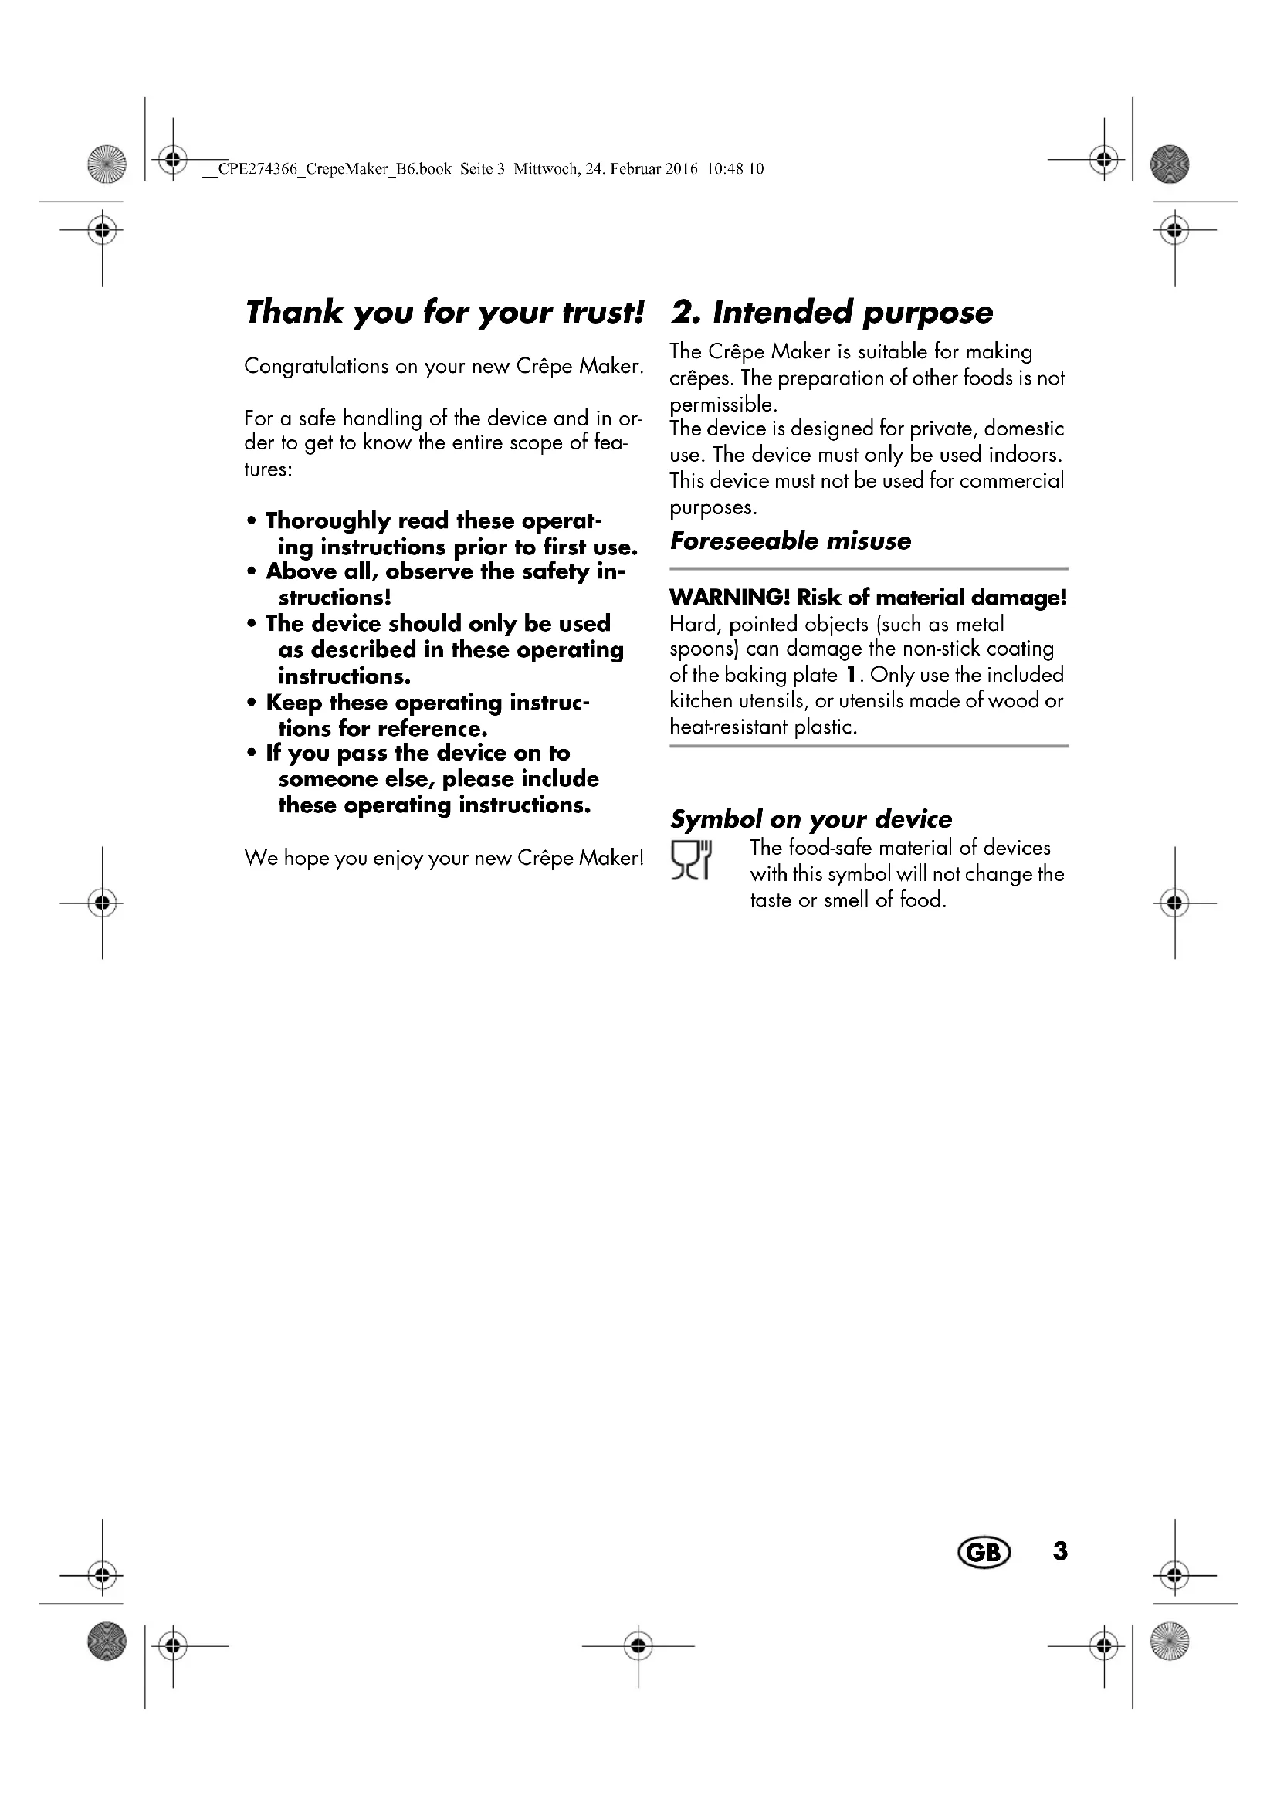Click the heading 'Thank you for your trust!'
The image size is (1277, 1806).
444,312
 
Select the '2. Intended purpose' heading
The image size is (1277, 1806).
832,312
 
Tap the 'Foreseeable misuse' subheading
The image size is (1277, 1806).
791,541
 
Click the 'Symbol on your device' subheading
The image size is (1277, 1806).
811,820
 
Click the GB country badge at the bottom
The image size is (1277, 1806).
983,1552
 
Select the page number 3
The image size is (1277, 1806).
1060,1550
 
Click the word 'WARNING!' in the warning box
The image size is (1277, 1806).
729,598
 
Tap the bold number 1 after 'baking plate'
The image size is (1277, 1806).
850,675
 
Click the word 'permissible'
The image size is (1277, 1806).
722,405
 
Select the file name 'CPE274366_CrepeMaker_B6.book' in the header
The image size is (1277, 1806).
334,169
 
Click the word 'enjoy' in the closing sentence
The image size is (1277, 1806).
398,858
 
